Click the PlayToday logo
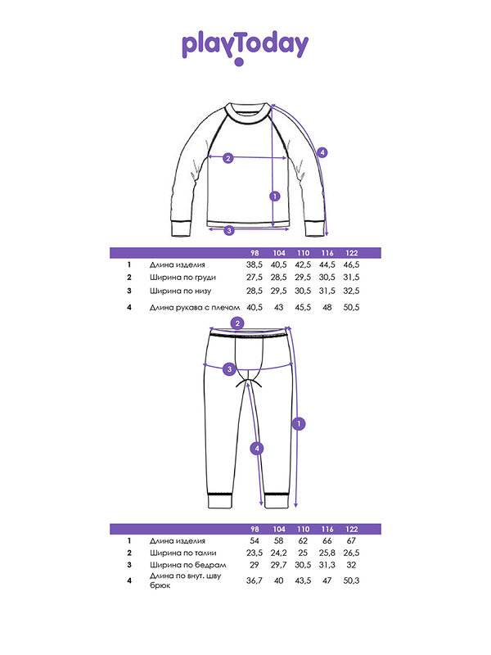[245, 48]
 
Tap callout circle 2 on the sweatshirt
[228, 158]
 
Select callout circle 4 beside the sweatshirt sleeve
[322, 152]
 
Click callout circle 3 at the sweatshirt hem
[229, 230]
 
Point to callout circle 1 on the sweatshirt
[275, 196]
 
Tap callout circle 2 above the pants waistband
[237, 323]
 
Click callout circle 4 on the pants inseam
[257, 449]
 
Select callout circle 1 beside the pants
[299, 424]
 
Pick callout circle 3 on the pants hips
[229, 369]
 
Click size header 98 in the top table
[255, 253]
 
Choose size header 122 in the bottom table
[352, 529]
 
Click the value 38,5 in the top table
[255, 264]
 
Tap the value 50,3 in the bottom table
[351, 580]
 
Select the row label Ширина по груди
[182, 278]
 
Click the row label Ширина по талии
[182, 553]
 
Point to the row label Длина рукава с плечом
[195, 308]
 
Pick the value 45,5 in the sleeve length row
[303, 308]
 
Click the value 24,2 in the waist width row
[278, 553]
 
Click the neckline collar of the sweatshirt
[246, 113]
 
